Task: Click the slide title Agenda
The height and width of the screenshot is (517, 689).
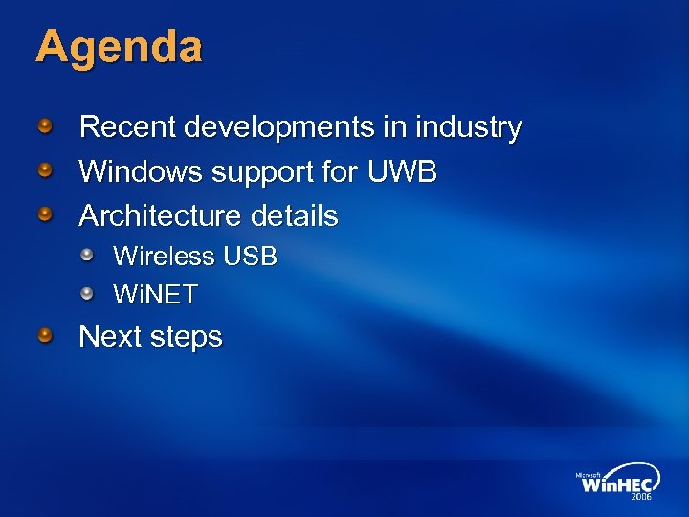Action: tap(119, 47)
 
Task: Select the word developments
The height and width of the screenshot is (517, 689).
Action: tap(278, 128)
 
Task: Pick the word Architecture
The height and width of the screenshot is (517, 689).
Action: tap(159, 216)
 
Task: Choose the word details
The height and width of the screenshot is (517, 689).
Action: tap(293, 216)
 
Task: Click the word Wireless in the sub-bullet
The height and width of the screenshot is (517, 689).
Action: tap(164, 257)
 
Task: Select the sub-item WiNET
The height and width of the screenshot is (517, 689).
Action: tap(155, 295)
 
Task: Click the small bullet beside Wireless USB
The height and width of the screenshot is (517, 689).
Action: tap(88, 256)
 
